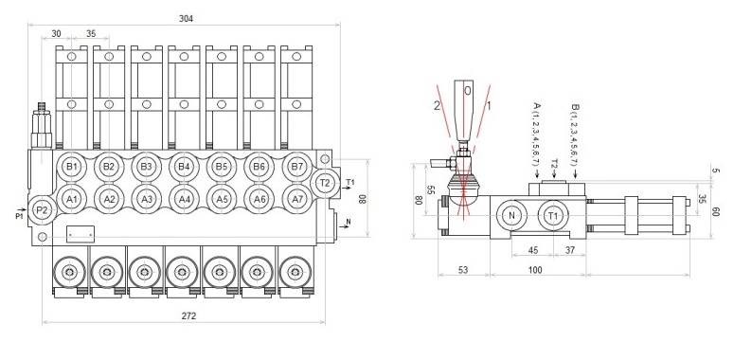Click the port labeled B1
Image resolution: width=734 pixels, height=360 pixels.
coord(71,168)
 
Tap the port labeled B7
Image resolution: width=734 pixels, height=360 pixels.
coord(295,168)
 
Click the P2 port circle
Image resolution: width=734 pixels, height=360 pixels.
coord(42,209)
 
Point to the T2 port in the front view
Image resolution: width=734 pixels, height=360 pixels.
coord(325,182)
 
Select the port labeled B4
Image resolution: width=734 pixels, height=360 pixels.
coord(184,168)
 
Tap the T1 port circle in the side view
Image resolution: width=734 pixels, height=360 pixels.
coord(554,215)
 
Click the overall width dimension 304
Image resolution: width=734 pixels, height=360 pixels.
coord(188,19)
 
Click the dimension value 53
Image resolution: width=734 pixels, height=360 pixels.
coord(462,271)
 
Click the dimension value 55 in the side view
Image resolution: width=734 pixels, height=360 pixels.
coord(431,190)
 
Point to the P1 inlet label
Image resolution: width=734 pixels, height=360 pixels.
coord(20,215)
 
